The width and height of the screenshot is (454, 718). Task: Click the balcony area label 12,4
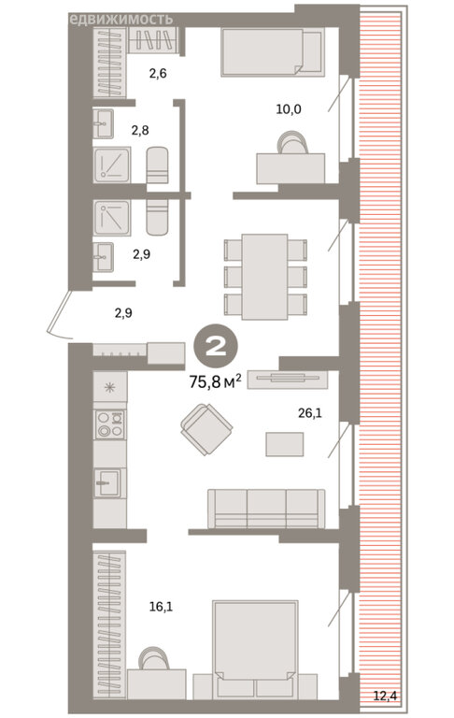385,696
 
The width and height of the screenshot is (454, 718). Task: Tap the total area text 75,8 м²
215,381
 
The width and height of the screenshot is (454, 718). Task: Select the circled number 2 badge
216,347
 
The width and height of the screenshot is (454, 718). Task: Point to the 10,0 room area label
289,109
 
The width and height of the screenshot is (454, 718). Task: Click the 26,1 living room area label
310,413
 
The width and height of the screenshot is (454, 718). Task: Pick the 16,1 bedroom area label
161,607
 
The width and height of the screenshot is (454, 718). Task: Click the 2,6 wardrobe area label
158,73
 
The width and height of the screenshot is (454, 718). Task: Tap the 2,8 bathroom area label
139,131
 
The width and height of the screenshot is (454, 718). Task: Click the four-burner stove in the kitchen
110,424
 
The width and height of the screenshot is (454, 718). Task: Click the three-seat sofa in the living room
266,509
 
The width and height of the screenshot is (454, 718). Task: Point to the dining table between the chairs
264,277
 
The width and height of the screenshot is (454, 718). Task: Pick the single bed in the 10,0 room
273,51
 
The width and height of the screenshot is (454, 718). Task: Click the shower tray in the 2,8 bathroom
112,165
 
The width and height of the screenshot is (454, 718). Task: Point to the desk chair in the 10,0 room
293,142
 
